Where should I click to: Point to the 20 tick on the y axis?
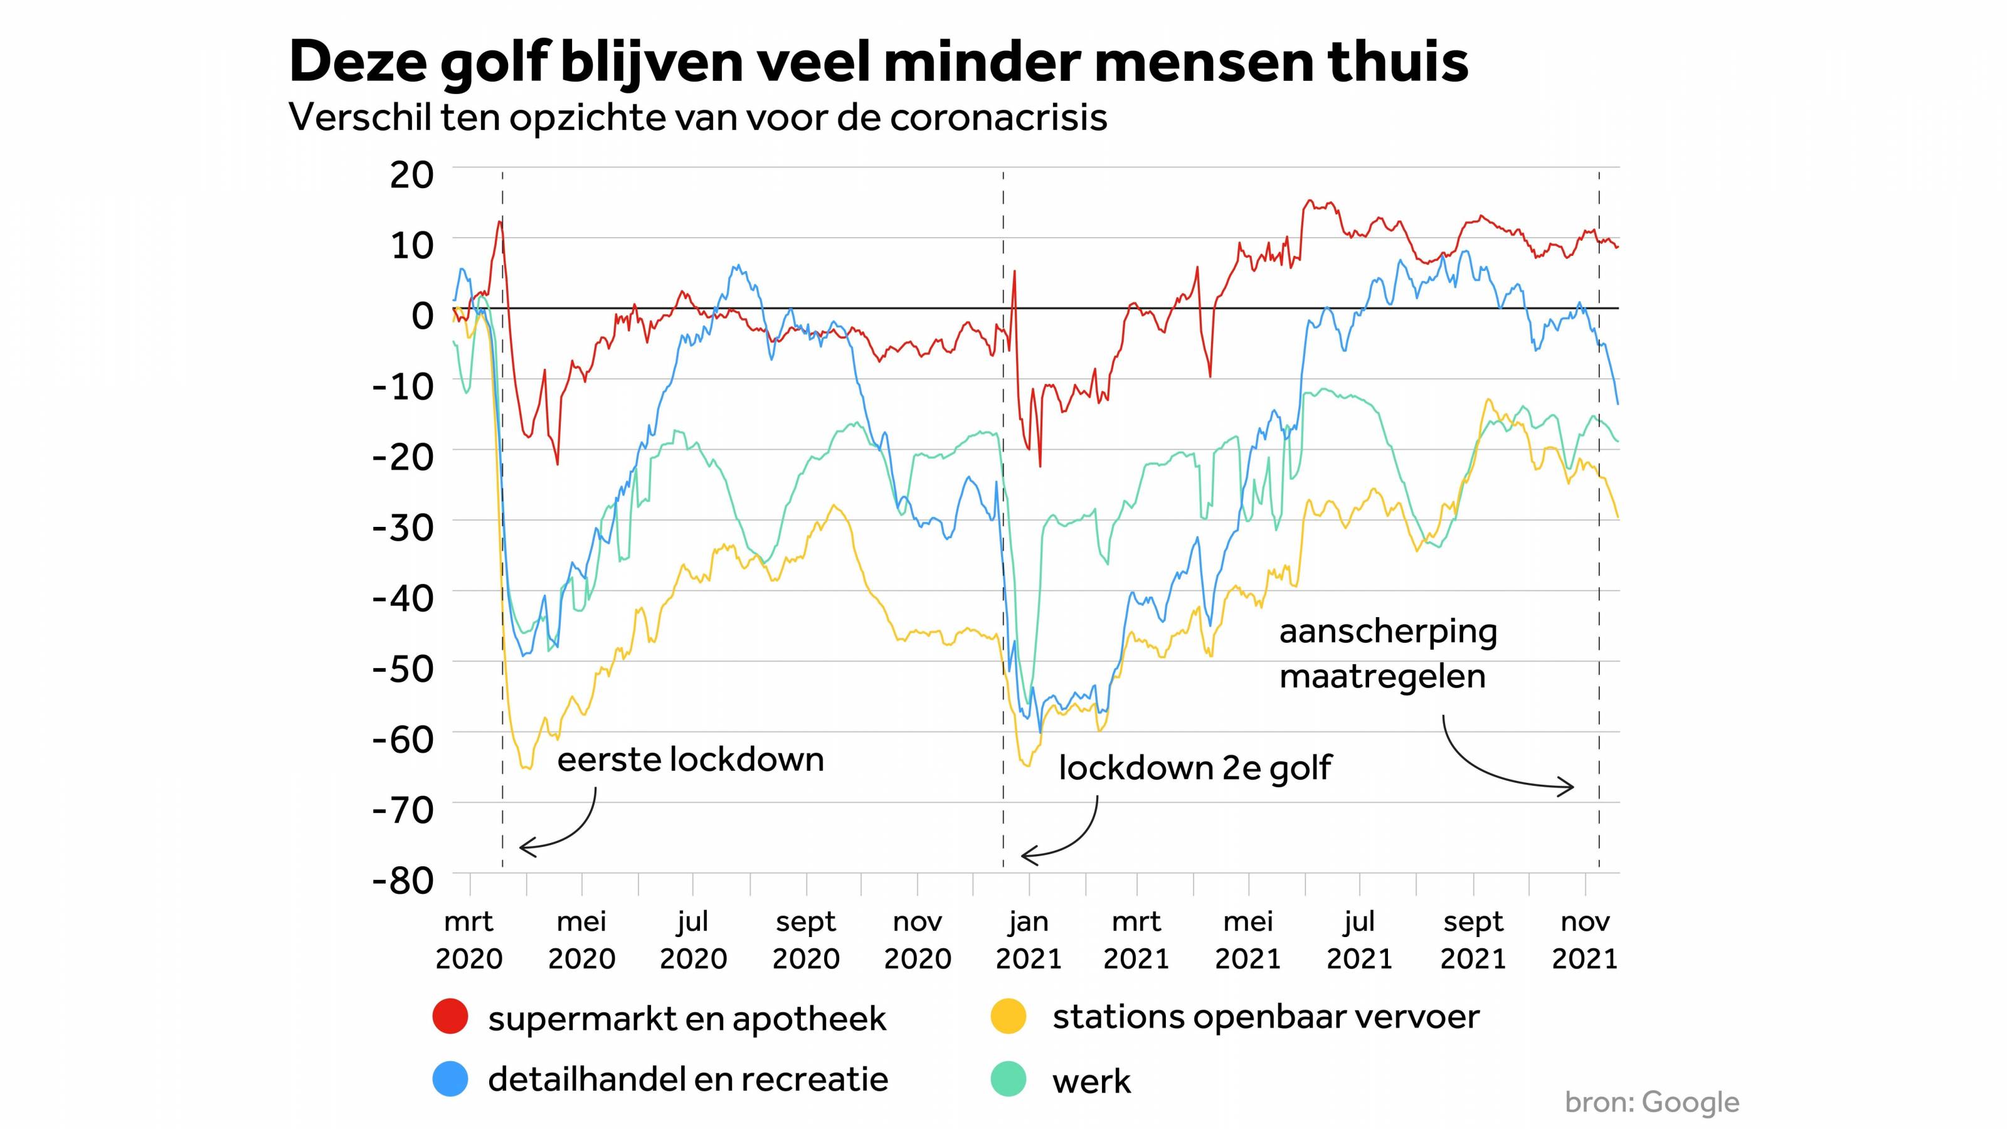point(411,174)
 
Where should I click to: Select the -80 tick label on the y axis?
point(403,881)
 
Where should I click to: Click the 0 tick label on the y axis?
point(421,315)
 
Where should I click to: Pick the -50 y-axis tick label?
point(403,669)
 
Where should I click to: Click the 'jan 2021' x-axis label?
point(1029,940)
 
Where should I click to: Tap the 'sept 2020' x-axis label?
point(805,940)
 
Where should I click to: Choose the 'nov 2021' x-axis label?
point(1585,940)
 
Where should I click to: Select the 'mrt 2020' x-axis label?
point(469,940)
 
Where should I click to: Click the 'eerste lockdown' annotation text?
point(691,760)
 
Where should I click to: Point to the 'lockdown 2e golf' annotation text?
point(1194,768)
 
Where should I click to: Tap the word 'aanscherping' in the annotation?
point(1387,632)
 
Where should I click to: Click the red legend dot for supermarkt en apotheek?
point(450,1017)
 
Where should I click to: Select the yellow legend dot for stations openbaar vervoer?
point(1008,1017)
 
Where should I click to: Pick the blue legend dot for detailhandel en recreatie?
point(450,1079)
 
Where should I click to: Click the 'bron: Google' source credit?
point(1652,1102)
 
